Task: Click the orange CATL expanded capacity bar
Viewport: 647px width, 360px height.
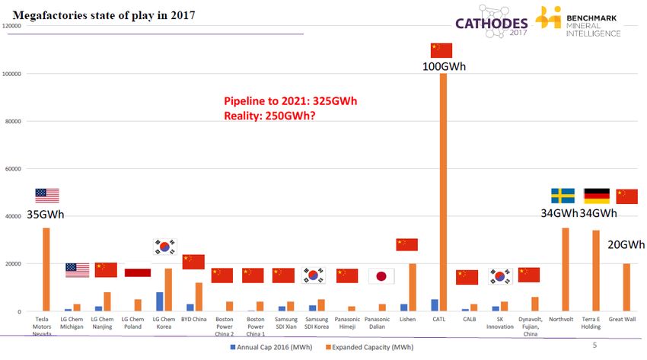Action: tap(443, 190)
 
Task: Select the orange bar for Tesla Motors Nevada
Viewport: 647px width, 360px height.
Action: tap(46, 269)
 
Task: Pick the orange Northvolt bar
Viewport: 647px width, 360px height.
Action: tap(565, 269)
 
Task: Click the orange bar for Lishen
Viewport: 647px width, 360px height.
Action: tap(413, 288)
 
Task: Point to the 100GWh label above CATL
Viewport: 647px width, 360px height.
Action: tap(444, 66)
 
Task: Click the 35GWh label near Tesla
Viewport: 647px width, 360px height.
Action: tap(46, 214)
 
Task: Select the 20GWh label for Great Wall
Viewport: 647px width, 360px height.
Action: tap(626, 244)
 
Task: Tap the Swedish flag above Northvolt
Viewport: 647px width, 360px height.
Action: tap(563, 196)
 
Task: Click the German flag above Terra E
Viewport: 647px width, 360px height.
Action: tap(596, 196)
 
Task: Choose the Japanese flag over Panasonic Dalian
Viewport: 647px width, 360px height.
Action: tap(381, 276)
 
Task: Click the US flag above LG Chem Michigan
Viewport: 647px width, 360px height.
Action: tap(77, 270)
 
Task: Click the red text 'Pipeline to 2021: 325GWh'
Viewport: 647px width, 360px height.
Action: tap(290, 101)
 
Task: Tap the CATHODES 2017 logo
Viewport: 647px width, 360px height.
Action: tap(491, 22)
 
